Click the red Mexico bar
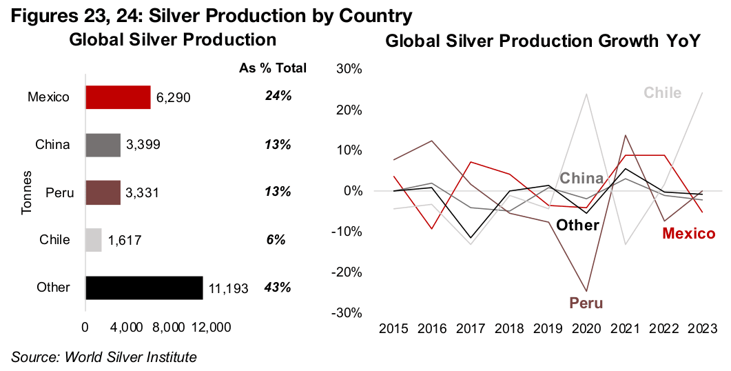118,97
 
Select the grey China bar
103,145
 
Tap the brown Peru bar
103,192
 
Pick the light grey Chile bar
94,240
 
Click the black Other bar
144,287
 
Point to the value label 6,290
173,98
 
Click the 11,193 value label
229,288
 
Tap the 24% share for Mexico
278,96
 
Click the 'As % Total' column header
272,68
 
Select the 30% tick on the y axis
349,69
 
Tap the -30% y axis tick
347,312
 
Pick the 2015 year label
393,328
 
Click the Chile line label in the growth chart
662,92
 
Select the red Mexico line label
688,234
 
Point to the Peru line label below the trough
586,302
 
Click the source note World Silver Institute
104,357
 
